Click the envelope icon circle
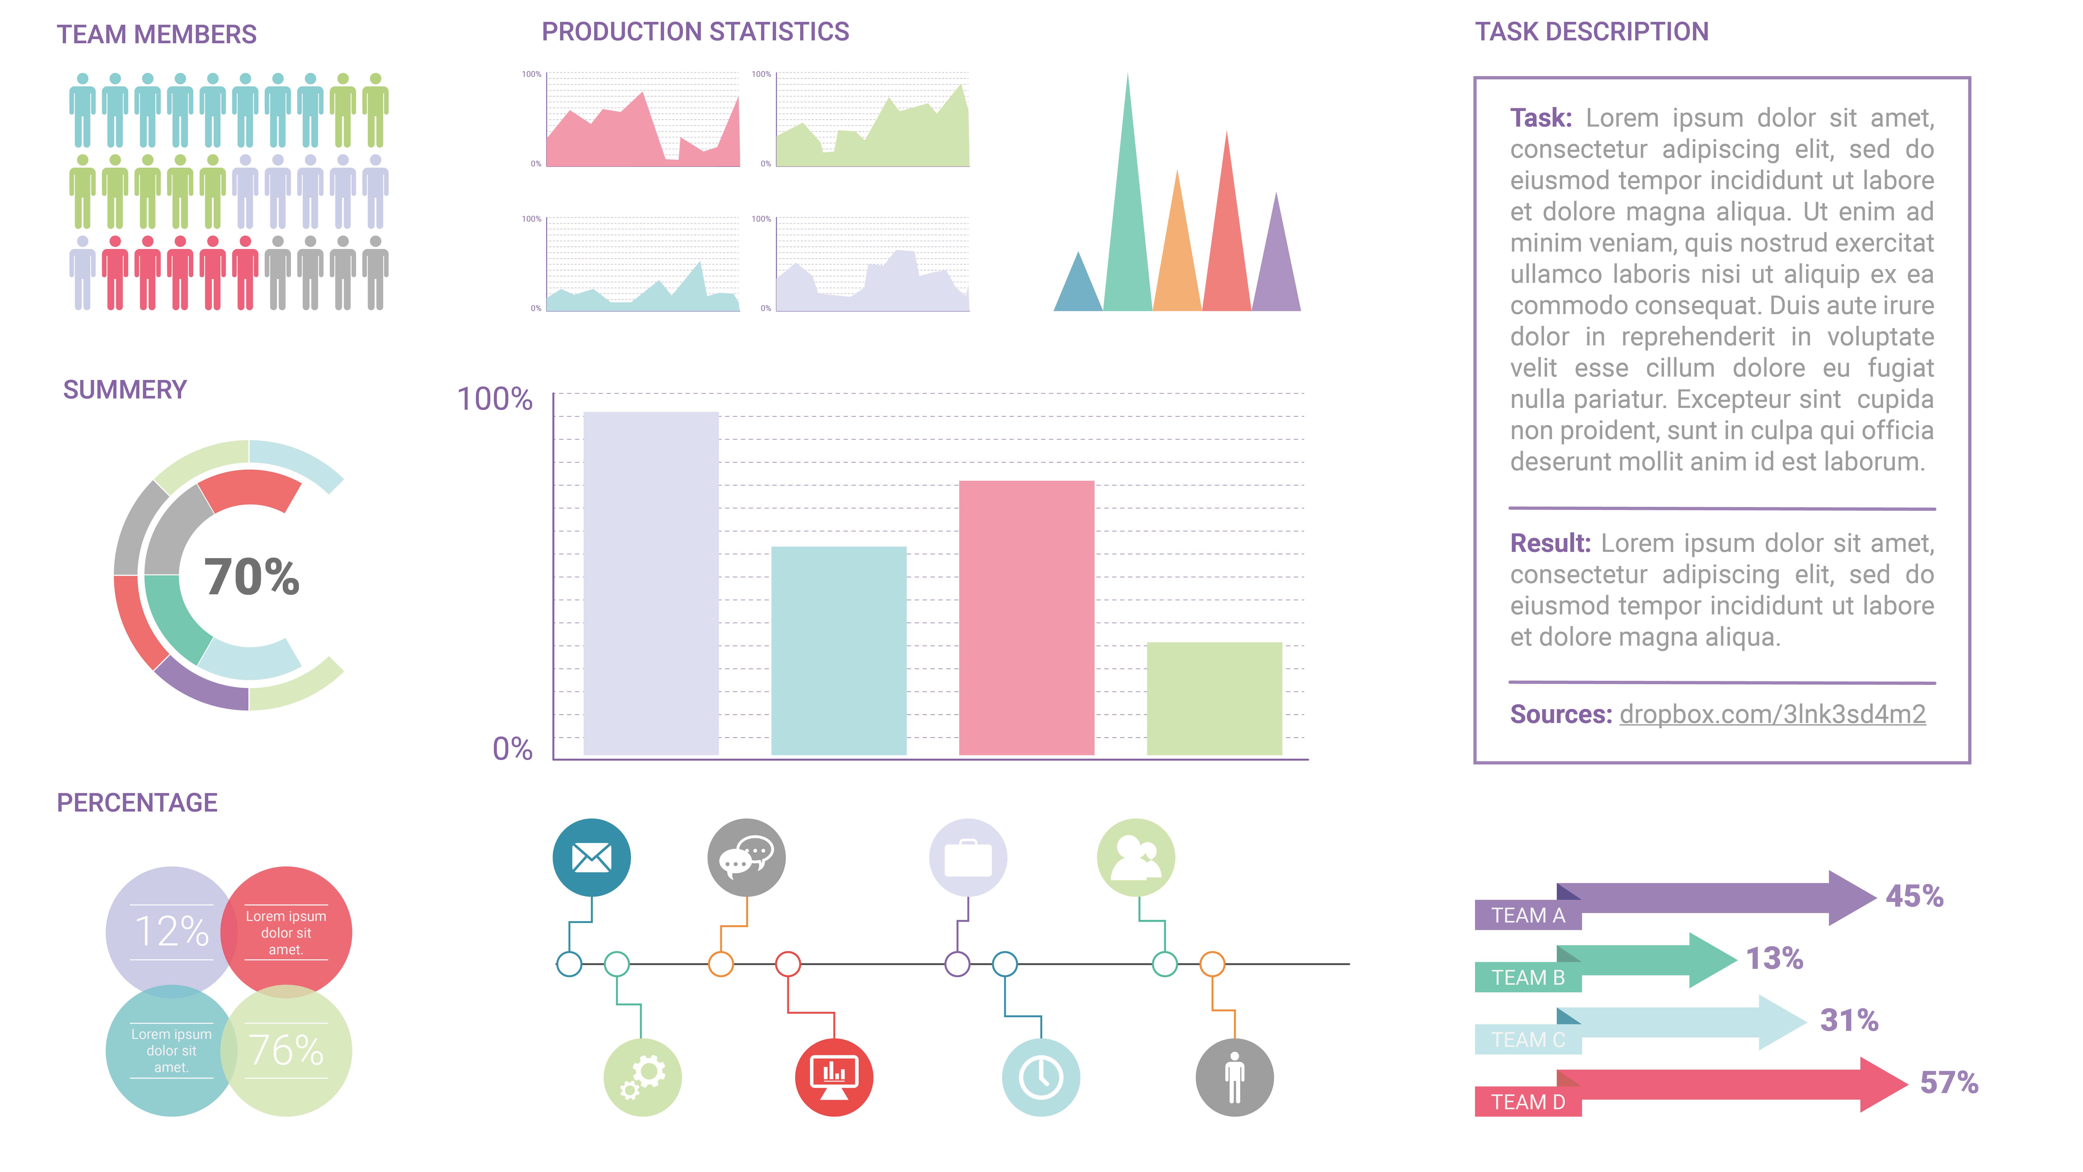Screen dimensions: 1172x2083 tap(591, 857)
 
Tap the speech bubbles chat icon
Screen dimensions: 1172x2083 tap(745, 857)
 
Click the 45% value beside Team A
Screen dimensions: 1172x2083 tap(1914, 896)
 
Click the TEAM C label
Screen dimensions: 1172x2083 tap(1527, 1040)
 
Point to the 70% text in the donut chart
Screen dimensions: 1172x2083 tap(252, 577)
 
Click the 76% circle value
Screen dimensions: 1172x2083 tap(286, 1050)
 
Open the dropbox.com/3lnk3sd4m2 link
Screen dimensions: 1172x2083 tap(1772, 714)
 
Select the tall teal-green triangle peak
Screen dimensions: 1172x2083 tap(1127, 210)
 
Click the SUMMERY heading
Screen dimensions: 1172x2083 tap(124, 390)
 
